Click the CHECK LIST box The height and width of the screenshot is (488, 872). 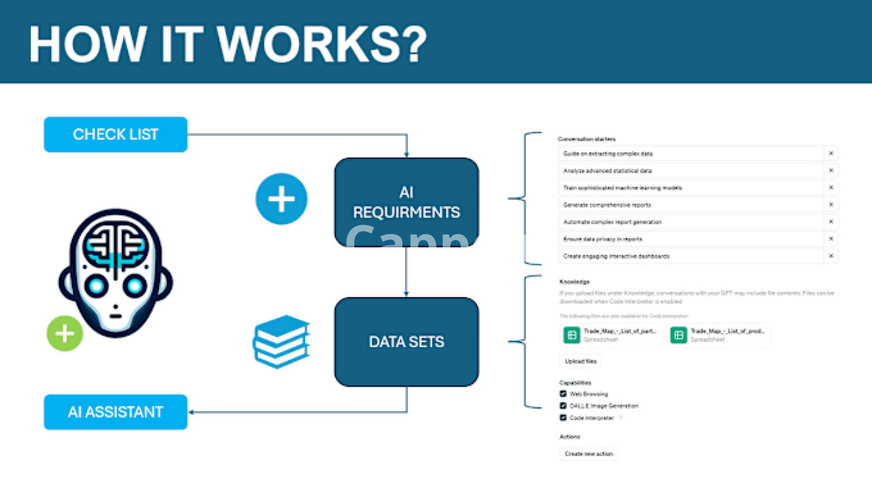[x=115, y=134]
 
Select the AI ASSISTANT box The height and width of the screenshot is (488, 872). [x=115, y=412]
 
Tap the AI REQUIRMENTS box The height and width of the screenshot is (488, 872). [x=406, y=202]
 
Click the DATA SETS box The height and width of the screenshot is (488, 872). [x=406, y=342]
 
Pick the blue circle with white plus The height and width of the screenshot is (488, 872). [x=282, y=199]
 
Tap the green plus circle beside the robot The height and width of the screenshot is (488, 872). [x=65, y=333]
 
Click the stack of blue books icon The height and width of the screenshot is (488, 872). [x=282, y=341]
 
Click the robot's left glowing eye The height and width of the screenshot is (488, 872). [x=96, y=286]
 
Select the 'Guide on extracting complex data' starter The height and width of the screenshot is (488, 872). [x=608, y=154]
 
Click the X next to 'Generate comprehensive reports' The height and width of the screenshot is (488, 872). [x=831, y=205]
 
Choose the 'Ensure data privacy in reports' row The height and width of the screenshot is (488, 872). [x=603, y=239]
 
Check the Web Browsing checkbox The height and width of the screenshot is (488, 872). [x=563, y=394]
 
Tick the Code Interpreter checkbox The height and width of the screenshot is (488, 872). [x=563, y=418]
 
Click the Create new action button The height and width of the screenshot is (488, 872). [x=589, y=454]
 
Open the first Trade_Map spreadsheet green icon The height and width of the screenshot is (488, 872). [x=572, y=335]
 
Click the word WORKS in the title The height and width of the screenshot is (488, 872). [x=322, y=44]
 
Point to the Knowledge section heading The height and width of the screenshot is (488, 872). [x=575, y=282]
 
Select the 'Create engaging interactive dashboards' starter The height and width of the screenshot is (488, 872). [x=616, y=256]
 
